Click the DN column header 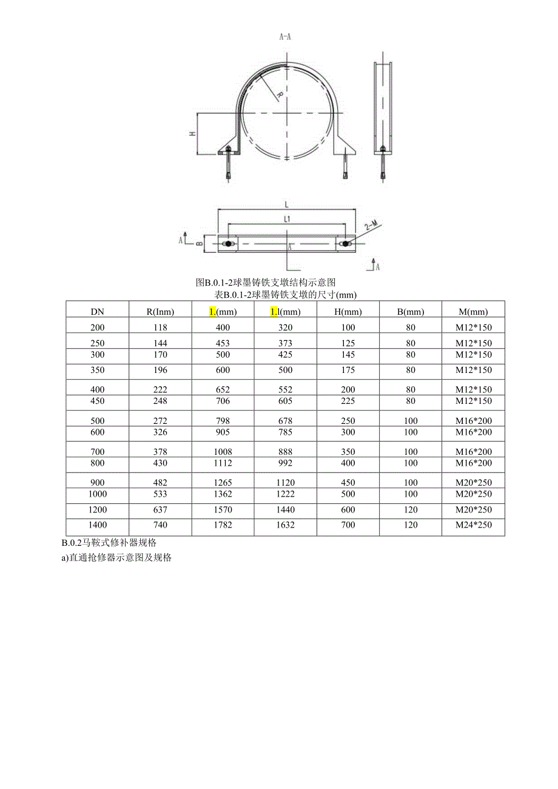click(98, 312)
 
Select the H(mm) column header click(348, 312)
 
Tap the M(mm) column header click(473, 312)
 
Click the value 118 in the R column click(160, 327)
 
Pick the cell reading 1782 click(223, 525)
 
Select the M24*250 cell click(474, 525)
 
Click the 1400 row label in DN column click(98, 525)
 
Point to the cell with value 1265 click(223, 483)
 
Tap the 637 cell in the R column click(160, 510)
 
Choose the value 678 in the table click(285, 421)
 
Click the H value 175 click(348, 370)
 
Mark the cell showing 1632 click(285, 525)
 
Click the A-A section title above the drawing click(285, 36)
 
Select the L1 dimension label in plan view click(287, 218)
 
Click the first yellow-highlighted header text click(212, 312)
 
